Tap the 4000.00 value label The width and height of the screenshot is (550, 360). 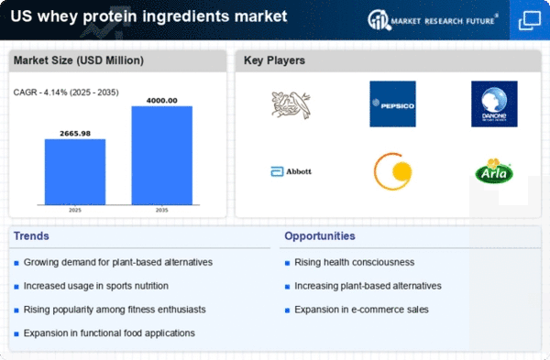pyautogui.click(x=161, y=99)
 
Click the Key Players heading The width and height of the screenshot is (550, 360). pyautogui.click(x=275, y=60)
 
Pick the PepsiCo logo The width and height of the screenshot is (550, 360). pyautogui.click(x=392, y=104)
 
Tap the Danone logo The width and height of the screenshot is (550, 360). pyautogui.click(x=494, y=104)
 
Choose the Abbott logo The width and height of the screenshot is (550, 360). pyautogui.click(x=291, y=171)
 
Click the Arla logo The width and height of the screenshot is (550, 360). pyautogui.click(x=494, y=171)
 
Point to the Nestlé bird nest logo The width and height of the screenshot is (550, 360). pyautogui.click(x=291, y=104)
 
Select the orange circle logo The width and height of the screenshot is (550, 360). pyautogui.click(x=392, y=171)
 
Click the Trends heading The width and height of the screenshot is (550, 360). pyautogui.click(x=32, y=236)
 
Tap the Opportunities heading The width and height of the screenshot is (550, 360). pyautogui.click(x=320, y=236)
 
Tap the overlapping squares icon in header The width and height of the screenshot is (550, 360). pyautogui.click(x=529, y=18)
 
